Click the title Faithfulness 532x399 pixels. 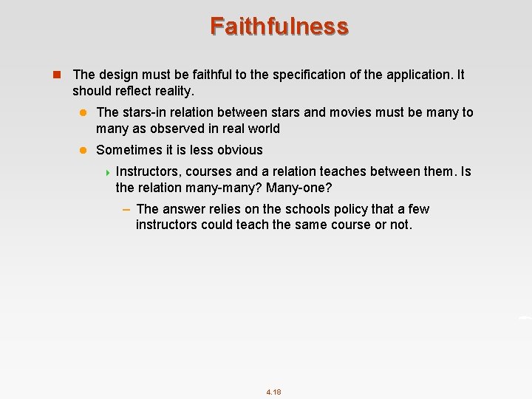pos(279,26)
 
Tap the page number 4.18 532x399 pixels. pos(273,392)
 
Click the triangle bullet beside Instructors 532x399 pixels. pos(108,172)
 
